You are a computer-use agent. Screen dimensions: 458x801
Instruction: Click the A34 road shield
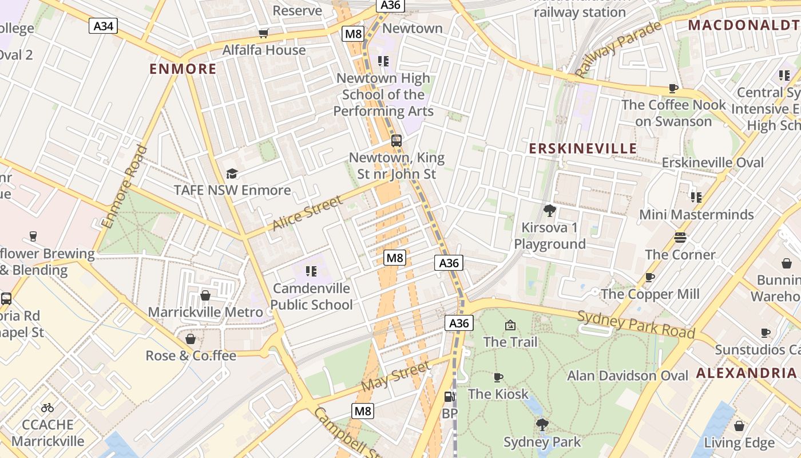point(103,25)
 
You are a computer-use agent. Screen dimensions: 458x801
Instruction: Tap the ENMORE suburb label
point(183,69)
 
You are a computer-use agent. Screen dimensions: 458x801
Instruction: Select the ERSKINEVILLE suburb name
point(582,149)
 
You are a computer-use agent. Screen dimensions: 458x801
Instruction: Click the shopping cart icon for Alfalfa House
point(264,33)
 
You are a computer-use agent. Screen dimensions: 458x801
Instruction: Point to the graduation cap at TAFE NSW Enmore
point(232,173)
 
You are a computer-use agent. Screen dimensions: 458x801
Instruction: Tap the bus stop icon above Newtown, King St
point(396,140)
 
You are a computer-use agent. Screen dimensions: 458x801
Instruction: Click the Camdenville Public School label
point(311,297)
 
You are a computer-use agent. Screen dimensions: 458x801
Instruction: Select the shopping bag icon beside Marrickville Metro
point(205,295)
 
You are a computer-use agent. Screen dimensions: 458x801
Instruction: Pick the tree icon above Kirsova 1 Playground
point(550,211)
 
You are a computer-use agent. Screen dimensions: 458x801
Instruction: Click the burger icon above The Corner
point(680,237)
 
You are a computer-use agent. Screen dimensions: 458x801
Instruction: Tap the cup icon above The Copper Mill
point(650,278)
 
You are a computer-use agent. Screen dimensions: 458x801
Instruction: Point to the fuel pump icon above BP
point(450,396)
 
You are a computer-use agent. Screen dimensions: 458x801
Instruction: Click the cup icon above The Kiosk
point(498,377)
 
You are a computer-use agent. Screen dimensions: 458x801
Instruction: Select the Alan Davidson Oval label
point(628,376)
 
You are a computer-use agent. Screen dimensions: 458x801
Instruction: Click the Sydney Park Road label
point(636,325)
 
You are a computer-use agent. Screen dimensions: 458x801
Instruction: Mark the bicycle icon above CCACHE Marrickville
point(47,408)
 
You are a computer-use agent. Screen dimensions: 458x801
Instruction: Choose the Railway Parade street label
point(618,49)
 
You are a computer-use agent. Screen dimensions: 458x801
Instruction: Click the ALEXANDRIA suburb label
point(746,373)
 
